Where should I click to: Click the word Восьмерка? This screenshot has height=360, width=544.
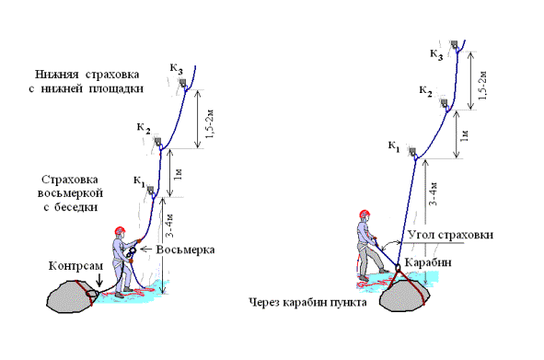coord(185,250)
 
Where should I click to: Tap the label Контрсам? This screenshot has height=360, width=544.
coord(76,266)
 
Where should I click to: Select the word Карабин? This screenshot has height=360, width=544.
coord(428,262)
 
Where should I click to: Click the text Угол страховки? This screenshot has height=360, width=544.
coord(450,235)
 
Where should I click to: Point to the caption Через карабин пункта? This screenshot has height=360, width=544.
coord(308,302)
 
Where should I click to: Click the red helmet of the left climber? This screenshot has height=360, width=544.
coord(120,230)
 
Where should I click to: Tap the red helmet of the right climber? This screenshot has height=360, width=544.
coord(365,214)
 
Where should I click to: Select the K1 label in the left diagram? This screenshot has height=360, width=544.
coord(139,181)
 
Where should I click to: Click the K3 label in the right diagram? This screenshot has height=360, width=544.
coord(437,54)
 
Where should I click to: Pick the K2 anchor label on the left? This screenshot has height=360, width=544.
coord(144,128)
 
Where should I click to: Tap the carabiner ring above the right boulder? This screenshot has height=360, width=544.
coord(398,268)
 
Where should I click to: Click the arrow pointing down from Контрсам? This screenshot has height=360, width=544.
coord(99,280)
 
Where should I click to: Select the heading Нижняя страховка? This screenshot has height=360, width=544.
coord(87,75)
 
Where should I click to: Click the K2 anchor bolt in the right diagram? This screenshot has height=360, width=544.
coord(445,103)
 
